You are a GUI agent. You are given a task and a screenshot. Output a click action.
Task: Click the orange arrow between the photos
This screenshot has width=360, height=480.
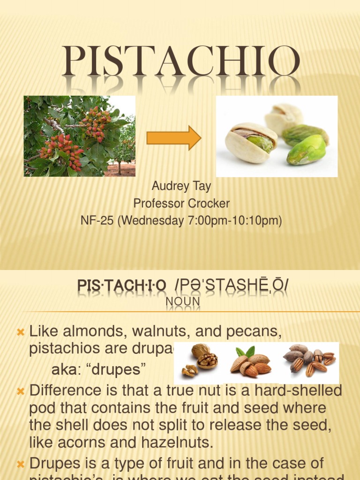click(174, 138)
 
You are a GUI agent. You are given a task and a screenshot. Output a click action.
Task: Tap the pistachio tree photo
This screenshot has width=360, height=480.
click(80, 136)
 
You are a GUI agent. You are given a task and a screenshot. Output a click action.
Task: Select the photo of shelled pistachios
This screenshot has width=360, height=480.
click(277, 136)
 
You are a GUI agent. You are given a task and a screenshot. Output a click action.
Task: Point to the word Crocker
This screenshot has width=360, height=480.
click(207, 203)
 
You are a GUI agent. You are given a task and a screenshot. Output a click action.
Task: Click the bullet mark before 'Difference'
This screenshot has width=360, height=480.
click(21, 390)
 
